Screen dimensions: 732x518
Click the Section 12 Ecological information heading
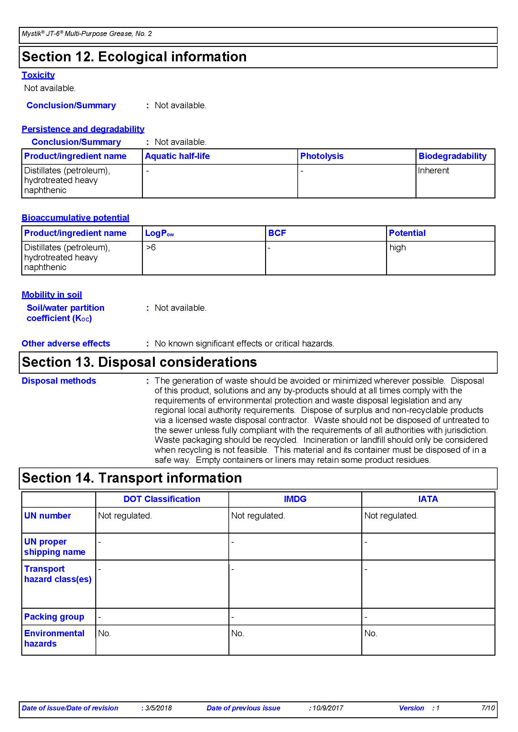tap(134, 57)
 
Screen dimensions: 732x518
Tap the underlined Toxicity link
tap(38, 75)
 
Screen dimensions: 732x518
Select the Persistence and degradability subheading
tap(83, 129)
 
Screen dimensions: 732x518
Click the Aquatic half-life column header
tap(177, 156)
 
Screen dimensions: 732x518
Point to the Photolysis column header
tap(322, 156)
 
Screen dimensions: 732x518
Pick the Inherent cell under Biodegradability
tap(433, 171)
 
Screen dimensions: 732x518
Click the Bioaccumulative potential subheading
tap(75, 218)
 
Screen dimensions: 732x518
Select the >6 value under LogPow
tap(151, 248)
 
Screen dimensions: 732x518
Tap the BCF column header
tap(277, 233)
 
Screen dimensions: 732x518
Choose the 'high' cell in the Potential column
tap(397, 248)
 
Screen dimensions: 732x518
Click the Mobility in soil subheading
tap(52, 294)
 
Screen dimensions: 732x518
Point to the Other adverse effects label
tap(66, 343)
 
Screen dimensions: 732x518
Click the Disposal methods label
tap(59, 381)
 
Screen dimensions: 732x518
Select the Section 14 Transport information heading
tap(132, 478)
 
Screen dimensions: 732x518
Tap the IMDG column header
tap(295, 499)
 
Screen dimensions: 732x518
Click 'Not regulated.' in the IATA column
tap(391, 515)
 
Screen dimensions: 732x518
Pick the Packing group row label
tap(54, 617)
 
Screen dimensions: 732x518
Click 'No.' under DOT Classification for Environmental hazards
tap(104, 633)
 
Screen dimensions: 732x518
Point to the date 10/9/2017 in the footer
tap(328, 708)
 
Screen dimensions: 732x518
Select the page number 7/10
tap(488, 708)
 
